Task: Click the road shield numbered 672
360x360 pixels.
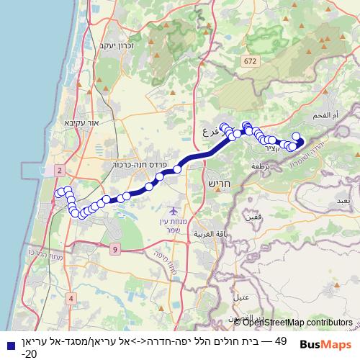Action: pos(250,62)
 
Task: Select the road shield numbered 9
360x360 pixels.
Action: pos(115,249)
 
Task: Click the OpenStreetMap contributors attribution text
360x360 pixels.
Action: pos(297,323)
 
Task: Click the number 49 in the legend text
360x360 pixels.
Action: pos(281,341)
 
